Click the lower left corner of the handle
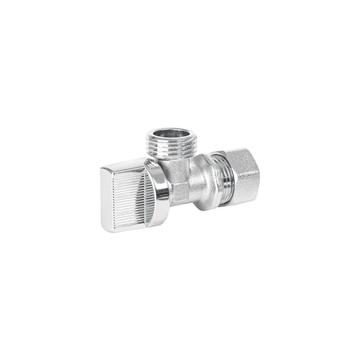pyautogui.click(x=107, y=228)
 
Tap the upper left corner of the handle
pyautogui.click(x=105, y=169)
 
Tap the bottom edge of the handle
pyautogui.click(x=132, y=230)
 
